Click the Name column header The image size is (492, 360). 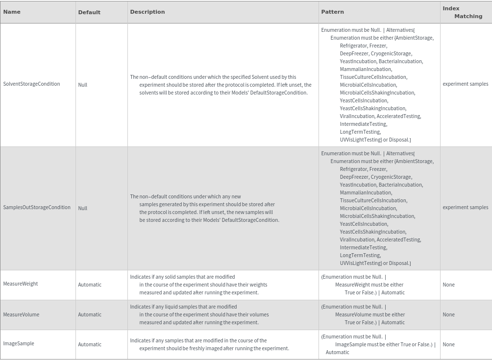(12, 12)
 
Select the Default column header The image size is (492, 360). (89, 12)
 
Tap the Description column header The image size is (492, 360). (148, 12)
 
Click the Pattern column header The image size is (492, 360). (332, 12)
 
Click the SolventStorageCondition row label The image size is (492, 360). (31, 84)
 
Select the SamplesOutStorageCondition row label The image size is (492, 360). (37, 208)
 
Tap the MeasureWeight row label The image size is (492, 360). (21, 284)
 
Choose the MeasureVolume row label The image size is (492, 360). (21, 314)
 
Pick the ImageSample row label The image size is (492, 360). (19, 344)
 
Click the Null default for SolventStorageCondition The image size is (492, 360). (83, 85)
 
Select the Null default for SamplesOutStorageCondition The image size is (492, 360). (83, 208)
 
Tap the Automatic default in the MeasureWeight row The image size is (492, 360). (90, 285)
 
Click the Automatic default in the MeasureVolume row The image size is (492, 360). (90, 315)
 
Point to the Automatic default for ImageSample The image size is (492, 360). (90, 344)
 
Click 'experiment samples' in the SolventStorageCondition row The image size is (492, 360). (465, 84)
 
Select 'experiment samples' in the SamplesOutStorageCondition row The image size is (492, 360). (465, 208)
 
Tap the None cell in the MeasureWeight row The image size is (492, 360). (448, 285)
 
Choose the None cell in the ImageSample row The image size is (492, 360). (448, 344)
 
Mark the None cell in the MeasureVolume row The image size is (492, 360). (448, 315)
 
